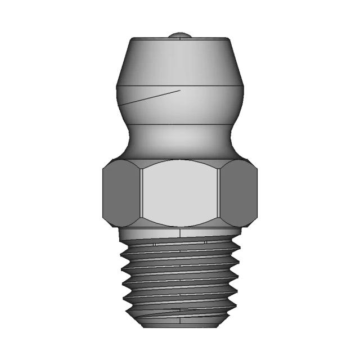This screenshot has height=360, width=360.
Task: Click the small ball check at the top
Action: click(x=180, y=35)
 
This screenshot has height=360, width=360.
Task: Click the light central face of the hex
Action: click(x=180, y=191)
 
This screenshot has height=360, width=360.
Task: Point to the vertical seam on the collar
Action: click(x=180, y=233)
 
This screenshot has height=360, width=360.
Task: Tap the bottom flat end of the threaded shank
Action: click(x=180, y=325)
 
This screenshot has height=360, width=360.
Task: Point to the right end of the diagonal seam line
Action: click(x=180, y=89)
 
